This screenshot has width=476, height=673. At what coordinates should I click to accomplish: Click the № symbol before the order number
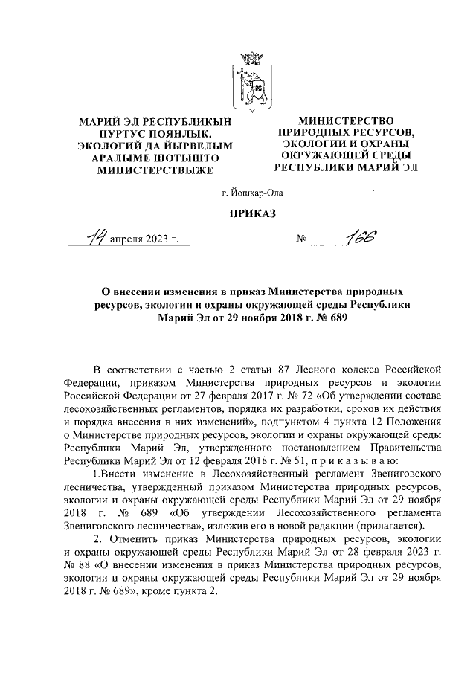pos(303,240)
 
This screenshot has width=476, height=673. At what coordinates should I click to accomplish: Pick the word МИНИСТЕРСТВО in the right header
pos(345,121)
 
